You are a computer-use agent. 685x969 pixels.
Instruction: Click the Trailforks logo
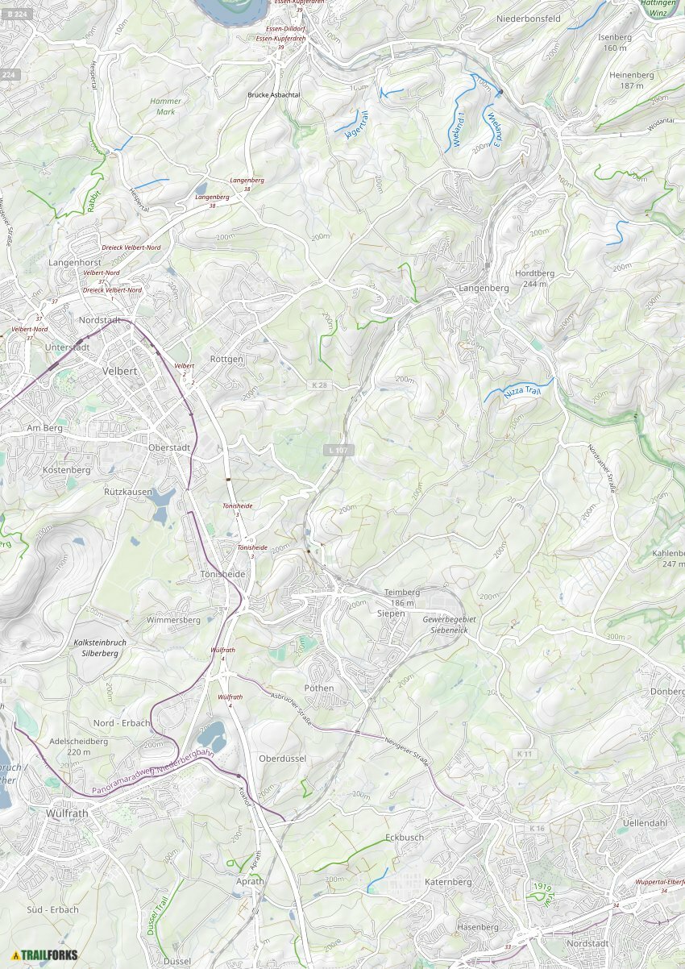point(44,955)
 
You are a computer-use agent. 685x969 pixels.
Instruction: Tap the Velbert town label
point(121,371)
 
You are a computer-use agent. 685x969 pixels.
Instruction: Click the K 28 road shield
point(320,386)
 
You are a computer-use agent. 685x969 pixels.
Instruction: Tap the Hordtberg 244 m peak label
point(534,278)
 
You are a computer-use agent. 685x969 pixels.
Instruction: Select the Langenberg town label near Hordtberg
point(484,288)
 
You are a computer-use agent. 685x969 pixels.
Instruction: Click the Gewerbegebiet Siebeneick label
point(450,624)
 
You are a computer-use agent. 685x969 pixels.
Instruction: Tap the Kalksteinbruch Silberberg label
point(100,647)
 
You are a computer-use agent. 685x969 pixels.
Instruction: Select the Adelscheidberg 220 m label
point(79,746)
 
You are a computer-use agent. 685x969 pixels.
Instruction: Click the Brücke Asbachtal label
point(274,94)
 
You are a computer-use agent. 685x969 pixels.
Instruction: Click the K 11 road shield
point(525,754)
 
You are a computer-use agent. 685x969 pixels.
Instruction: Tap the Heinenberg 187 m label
point(632,80)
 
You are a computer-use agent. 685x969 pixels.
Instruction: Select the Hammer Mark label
point(166,106)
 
